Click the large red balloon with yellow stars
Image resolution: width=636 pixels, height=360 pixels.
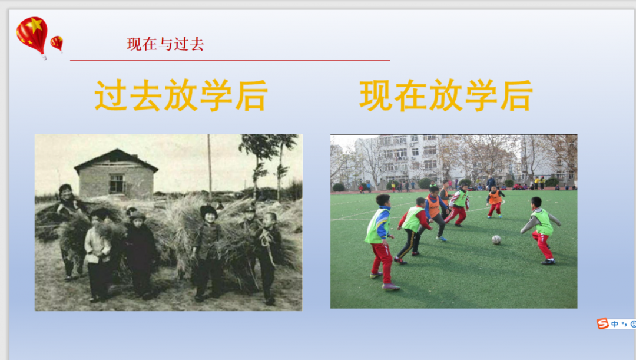click(32, 36)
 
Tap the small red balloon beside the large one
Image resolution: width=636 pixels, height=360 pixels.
click(57, 43)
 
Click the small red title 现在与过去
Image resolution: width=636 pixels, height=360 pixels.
click(165, 44)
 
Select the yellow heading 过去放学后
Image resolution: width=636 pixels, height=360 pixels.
click(181, 95)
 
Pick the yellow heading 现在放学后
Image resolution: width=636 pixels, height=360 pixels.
click(446, 95)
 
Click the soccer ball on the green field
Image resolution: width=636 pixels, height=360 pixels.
click(496, 239)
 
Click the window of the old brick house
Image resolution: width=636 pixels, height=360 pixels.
click(117, 183)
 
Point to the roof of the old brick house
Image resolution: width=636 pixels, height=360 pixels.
click(116, 160)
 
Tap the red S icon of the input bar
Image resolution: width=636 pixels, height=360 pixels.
click(603, 323)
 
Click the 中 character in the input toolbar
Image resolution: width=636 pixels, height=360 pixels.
click(615, 324)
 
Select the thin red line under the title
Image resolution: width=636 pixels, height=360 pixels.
click(230, 61)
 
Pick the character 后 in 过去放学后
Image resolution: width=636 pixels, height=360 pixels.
click(251, 95)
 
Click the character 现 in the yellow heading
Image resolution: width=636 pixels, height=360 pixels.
click(376, 95)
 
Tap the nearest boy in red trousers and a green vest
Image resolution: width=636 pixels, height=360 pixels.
click(381, 242)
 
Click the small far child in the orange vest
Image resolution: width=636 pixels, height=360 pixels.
click(495, 202)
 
